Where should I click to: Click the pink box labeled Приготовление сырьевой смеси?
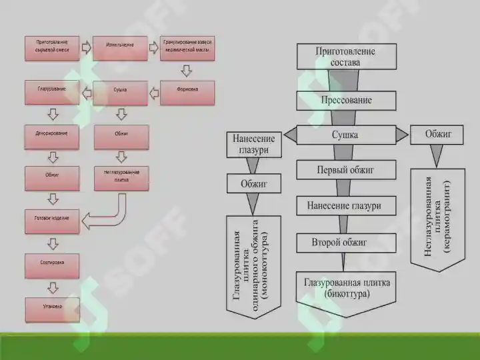[52, 49]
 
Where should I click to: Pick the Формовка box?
[187, 92]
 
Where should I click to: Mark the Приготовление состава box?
[346, 56]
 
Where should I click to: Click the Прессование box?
[346, 100]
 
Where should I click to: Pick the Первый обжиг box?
[346, 170]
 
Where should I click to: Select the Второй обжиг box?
[339, 242]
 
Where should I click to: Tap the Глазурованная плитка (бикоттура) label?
[347, 287]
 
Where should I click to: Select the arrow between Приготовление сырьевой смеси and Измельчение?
[85, 47]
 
